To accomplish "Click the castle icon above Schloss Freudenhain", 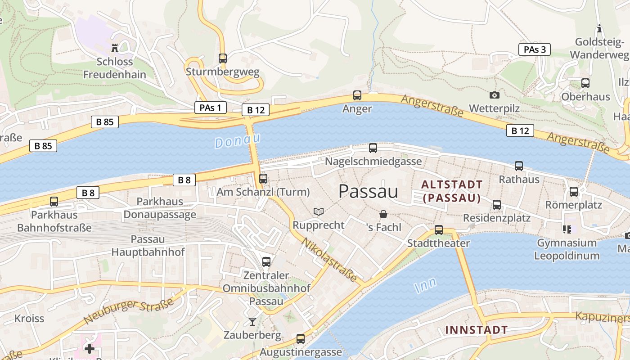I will [x=115, y=48].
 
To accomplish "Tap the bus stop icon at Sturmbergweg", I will [x=222, y=58].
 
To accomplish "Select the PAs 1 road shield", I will [x=210, y=108].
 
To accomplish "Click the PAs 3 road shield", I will [x=534, y=49].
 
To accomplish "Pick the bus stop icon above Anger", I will [x=357, y=95].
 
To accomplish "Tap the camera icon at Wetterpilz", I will [x=494, y=95].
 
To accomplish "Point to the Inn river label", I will [x=425, y=285].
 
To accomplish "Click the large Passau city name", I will [x=368, y=192].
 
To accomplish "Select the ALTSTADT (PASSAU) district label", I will [x=452, y=191].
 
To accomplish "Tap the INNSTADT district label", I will [x=476, y=330].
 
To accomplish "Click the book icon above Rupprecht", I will [x=318, y=211].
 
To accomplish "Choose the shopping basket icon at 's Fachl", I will [x=383, y=214].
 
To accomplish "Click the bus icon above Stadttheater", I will [x=438, y=230].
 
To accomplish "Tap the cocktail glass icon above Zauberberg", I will [x=252, y=321].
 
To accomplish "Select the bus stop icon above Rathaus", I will [x=518, y=166].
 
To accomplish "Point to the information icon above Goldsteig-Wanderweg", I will [x=599, y=29].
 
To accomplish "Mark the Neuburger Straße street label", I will [x=128, y=311].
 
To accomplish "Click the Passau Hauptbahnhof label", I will [x=148, y=245].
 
